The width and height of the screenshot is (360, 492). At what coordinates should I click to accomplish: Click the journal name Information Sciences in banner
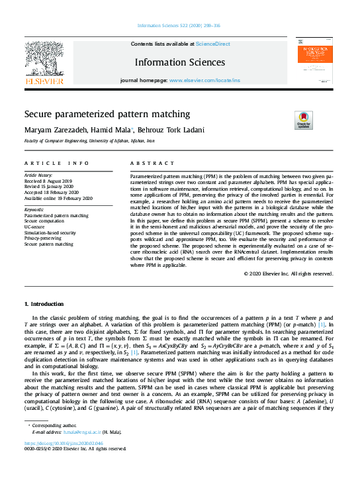pos(179,62)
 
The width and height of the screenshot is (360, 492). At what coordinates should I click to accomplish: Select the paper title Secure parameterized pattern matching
pos(107,114)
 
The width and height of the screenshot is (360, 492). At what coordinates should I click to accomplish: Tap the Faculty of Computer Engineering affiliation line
pos(89,141)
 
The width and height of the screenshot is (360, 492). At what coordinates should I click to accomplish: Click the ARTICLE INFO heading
pos(56,163)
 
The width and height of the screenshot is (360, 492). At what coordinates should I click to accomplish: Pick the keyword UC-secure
pos(34,226)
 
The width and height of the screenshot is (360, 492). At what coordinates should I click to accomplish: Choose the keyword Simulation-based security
pos(50,232)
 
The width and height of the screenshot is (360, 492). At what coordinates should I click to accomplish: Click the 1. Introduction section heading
pos(44,304)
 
